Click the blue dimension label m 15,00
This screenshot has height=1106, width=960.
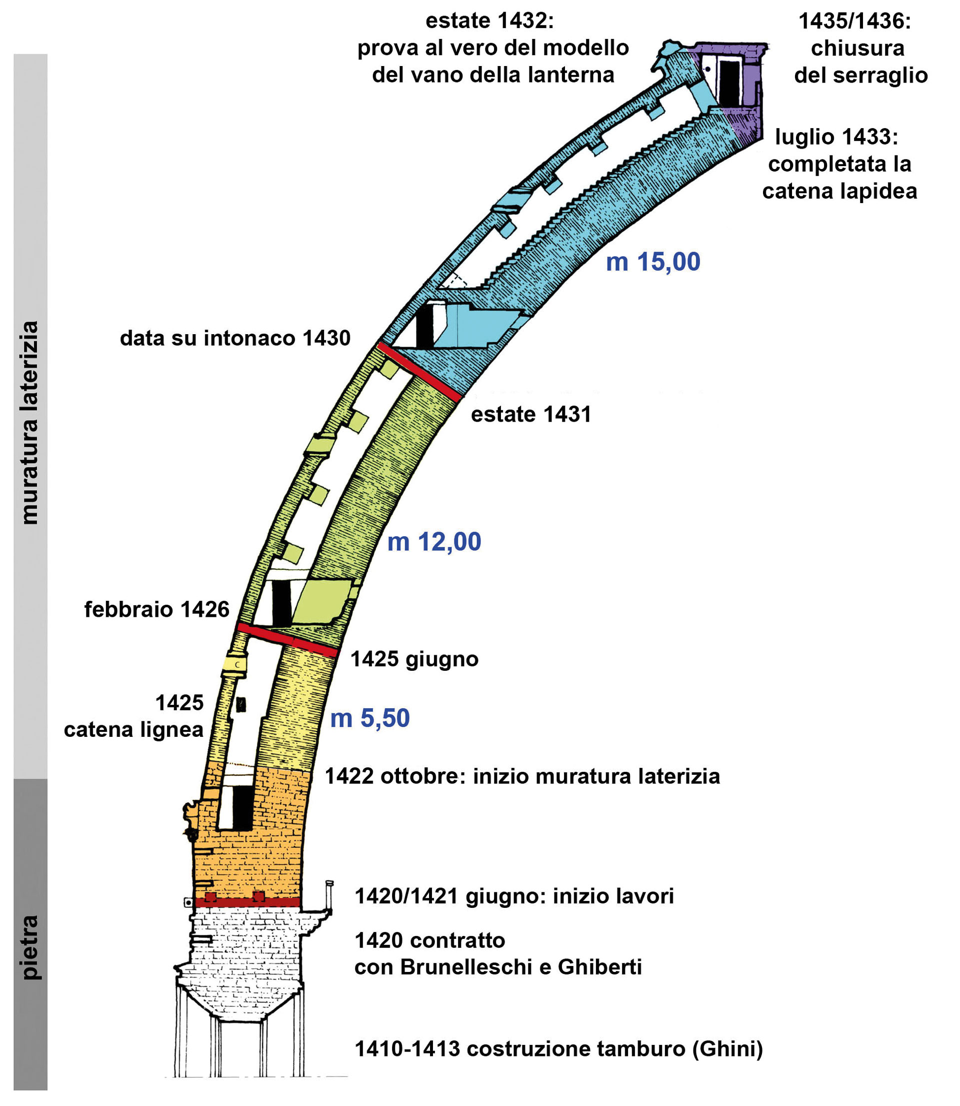652,262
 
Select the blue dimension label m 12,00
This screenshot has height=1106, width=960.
434,542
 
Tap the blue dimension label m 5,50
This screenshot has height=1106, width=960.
369,718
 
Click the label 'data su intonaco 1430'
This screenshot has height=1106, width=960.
235,338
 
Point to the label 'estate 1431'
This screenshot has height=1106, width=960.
531,414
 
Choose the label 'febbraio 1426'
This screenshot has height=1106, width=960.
157,610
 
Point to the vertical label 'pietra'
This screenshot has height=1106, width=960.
30,947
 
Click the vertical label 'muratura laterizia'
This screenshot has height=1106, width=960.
30,423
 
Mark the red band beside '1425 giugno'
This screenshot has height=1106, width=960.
287,640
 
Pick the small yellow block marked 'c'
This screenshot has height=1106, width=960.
234,664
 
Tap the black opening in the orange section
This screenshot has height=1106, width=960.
242,808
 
